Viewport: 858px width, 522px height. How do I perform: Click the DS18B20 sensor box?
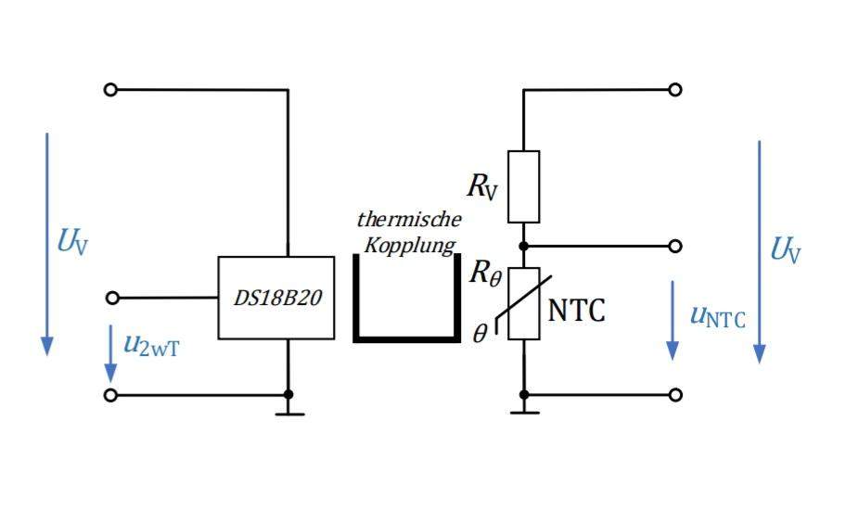(x=275, y=298)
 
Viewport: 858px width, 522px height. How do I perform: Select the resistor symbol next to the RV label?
(x=524, y=186)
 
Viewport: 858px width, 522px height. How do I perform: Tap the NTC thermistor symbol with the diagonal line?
(x=524, y=303)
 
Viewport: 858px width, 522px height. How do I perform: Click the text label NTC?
(x=576, y=311)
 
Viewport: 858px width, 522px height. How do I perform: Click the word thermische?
(x=408, y=221)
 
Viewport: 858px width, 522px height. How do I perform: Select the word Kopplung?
(x=410, y=246)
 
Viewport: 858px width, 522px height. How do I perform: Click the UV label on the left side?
(x=73, y=243)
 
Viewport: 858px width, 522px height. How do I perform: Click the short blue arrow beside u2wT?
(x=110, y=352)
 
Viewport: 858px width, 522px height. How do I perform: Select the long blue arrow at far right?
(x=759, y=251)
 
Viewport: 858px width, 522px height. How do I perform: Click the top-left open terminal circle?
(x=110, y=90)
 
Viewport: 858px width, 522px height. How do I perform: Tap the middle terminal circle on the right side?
(x=675, y=247)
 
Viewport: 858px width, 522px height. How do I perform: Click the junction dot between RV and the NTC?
(x=524, y=247)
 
